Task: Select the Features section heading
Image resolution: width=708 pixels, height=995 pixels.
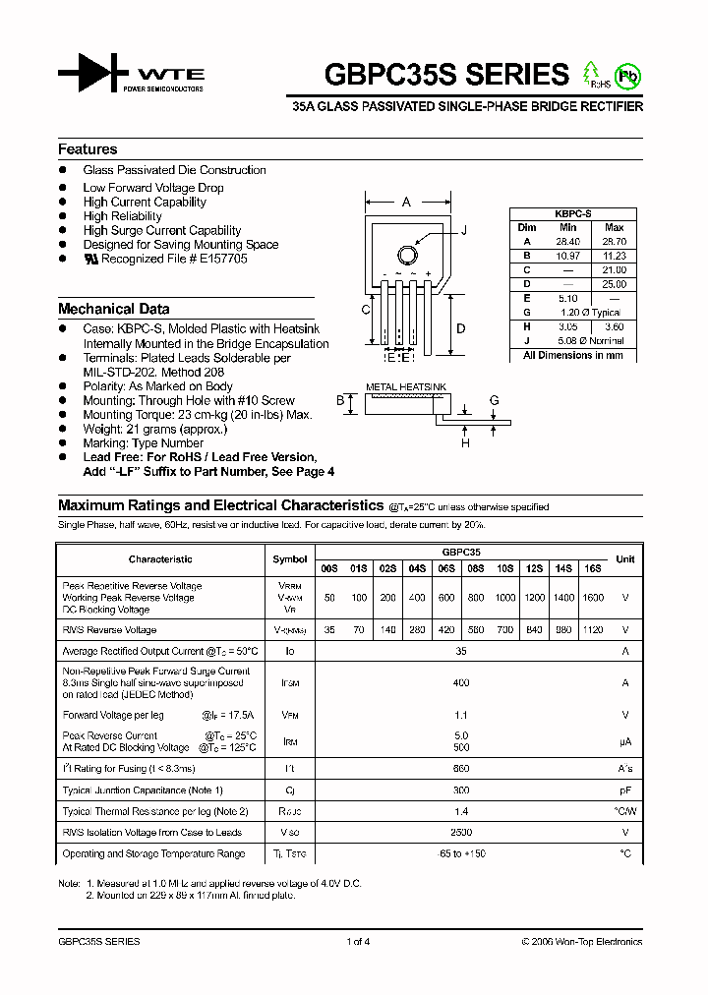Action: click(x=88, y=149)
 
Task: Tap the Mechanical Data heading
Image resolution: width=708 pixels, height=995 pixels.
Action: click(x=113, y=309)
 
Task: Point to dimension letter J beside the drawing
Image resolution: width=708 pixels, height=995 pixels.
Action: click(x=463, y=230)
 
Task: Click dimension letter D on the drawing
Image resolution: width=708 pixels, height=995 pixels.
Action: click(x=460, y=328)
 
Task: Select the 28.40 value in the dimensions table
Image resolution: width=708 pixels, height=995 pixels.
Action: click(x=567, y=241)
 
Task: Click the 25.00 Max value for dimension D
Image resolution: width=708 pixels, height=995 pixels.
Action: click(x=614, y=284)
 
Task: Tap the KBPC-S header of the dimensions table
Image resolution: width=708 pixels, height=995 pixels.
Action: click(x=571, y=213)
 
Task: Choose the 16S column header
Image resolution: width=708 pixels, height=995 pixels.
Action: click(x=592, y=568)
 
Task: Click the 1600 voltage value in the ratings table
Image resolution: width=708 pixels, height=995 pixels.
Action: click(x=592, y=598)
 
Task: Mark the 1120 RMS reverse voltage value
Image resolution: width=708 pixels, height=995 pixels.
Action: click(x=592, y=630)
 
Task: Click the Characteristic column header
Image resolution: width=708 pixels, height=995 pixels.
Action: click(x=160, y=558)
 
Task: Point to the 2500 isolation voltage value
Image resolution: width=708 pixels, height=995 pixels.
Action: click(x=461, y=832)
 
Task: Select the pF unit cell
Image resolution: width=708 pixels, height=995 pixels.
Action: click(x=624, y=790)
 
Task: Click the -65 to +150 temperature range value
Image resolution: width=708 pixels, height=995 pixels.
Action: click(x=461, y=853)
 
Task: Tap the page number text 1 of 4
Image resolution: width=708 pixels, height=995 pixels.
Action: click(x=358, y=941)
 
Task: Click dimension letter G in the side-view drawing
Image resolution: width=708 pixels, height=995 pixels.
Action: click(x=495, y=400)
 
